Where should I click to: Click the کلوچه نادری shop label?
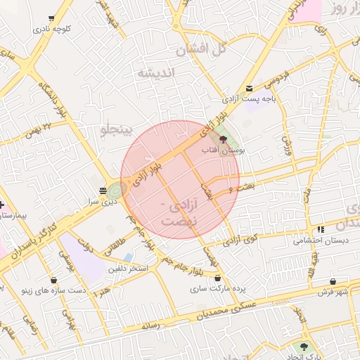coord(60,30)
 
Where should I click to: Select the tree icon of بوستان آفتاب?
coord(224,139)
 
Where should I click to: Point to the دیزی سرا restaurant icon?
coord(103,191)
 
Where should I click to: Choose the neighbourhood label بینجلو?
coord(113,129)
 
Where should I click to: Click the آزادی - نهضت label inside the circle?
coord(180,212)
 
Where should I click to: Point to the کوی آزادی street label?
coord(243,240)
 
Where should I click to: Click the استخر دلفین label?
coord(128,269)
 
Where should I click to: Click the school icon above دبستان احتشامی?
coord(321,229)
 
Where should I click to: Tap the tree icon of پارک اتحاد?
coord(304,347)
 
